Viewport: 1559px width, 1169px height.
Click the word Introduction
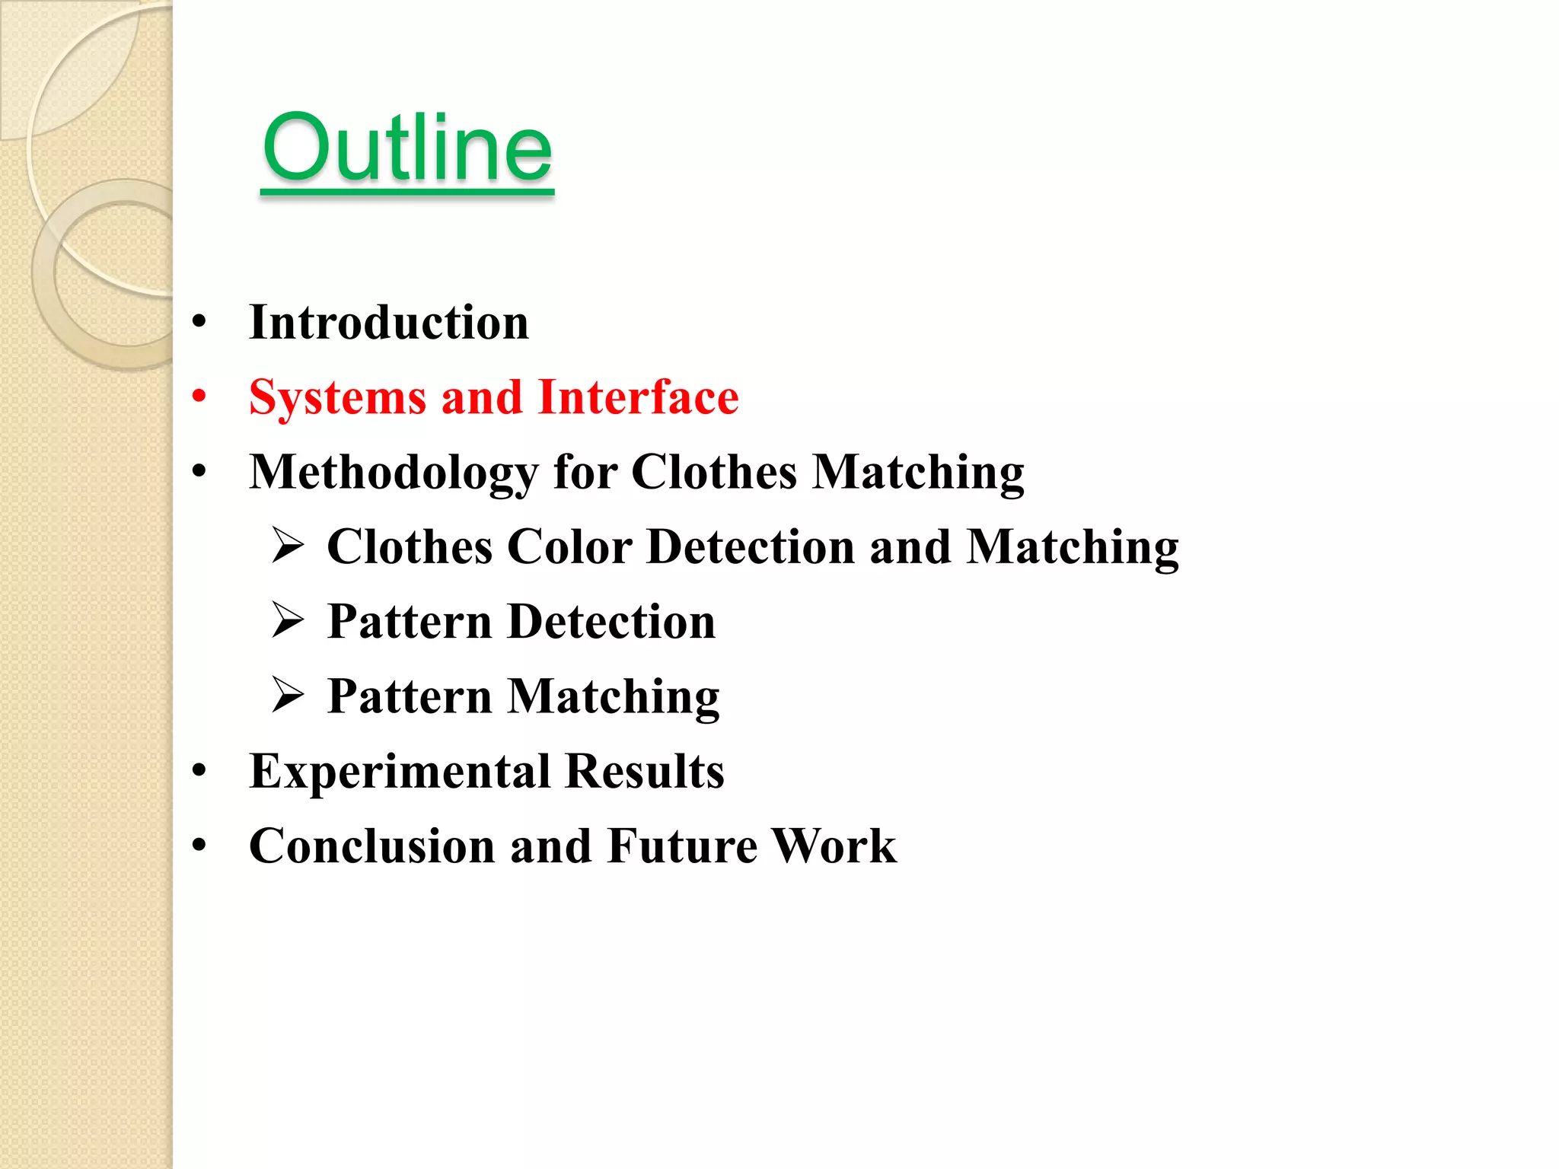coord(388,323)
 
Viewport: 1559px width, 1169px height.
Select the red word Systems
coord(337,398)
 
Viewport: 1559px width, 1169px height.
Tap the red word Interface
coord(638,397)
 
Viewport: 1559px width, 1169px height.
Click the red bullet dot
coord(199,397)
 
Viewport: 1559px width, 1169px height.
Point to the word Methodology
coord(394,473)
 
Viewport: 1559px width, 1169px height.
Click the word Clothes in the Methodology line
coord(714,472)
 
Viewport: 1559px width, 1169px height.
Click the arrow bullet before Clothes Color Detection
coord(289,546)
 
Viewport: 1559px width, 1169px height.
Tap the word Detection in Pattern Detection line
coord(611,622)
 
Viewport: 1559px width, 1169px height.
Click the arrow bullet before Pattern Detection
coord(289,620)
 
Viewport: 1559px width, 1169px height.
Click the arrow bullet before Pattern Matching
coord(289,695)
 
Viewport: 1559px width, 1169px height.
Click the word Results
coord(645,772)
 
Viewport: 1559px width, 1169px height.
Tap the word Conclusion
coord(371,846)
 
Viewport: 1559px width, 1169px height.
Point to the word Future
coord(682,846)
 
